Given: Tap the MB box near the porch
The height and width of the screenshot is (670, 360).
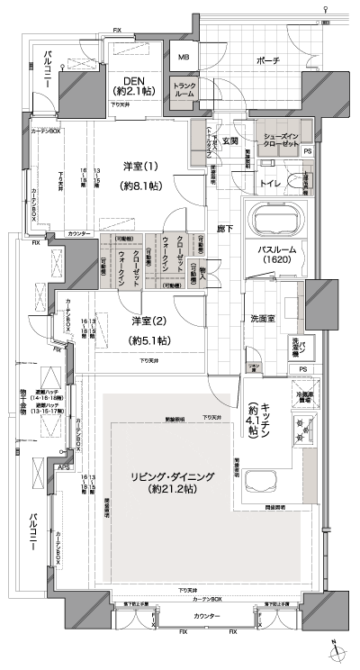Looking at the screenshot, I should (x=184, y=59).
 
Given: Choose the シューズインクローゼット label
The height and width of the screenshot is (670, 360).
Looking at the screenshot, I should (x=280, y=140).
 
